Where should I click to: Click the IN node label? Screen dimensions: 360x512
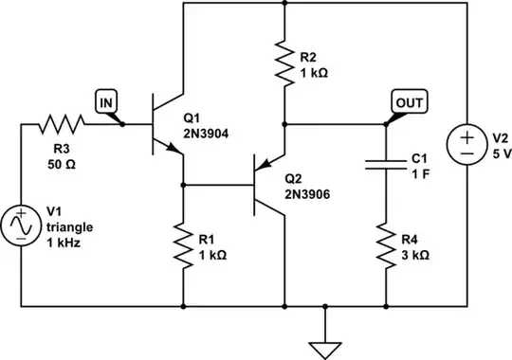105,99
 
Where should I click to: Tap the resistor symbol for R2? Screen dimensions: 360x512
283,62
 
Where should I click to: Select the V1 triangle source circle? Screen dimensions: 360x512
20,227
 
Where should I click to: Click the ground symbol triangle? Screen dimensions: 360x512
325,347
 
